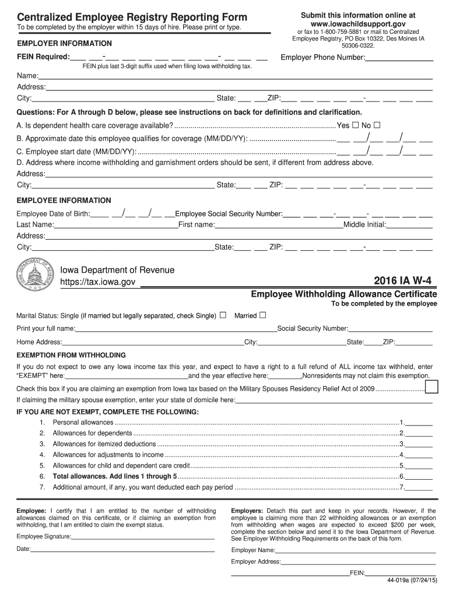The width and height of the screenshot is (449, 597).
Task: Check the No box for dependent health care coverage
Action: tap(377, 125)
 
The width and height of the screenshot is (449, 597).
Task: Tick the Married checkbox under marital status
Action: tap(262, 315)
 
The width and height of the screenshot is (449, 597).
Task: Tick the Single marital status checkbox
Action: tap(223, 315)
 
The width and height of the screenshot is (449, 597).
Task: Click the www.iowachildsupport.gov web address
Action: tap(358, 24)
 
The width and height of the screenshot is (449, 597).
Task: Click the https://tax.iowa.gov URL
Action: tap(98, 282)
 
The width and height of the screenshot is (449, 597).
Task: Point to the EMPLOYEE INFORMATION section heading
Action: tap(64, 201)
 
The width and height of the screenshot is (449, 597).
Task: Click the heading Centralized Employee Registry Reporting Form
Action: tap(132, 17)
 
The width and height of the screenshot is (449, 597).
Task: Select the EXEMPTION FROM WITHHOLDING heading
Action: tap(71, 355)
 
